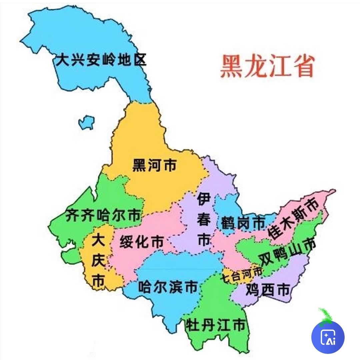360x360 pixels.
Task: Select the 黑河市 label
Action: pyautogui.click(x=154, y=165)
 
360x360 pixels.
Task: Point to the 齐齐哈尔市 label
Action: pyautogui.click(x=103, y=216)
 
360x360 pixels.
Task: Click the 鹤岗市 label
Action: pyautogui.click(x=242, y=222)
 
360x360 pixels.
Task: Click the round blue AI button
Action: pyautogui.click(x=328, y=337)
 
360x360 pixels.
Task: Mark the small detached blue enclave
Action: pyautogui.click(x=86, y=122)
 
